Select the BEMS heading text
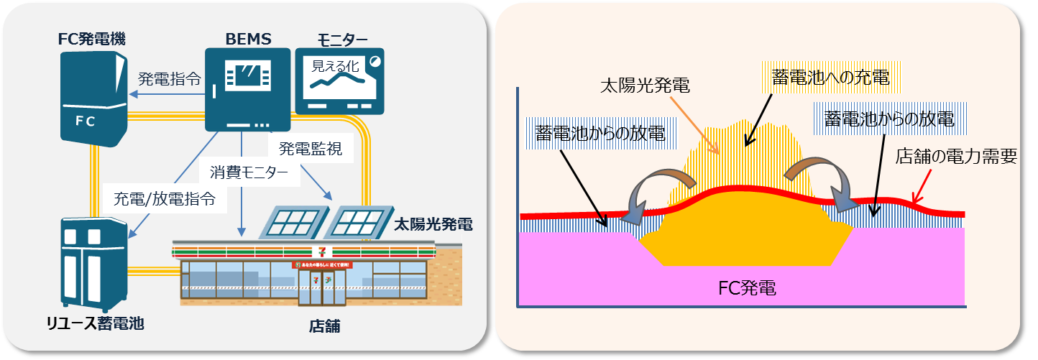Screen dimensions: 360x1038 click(248, 38)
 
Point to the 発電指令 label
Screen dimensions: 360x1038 click(169, 78)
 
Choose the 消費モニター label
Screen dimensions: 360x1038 click(249, 172)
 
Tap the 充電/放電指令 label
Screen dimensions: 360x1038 click(165, 199)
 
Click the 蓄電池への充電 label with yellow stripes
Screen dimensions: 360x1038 click(830, 78)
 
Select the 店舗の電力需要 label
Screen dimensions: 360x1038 click(955, 157)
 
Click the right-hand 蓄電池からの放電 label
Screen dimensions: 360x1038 click(888, 119)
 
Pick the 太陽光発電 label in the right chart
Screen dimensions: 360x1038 click(645, 86)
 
